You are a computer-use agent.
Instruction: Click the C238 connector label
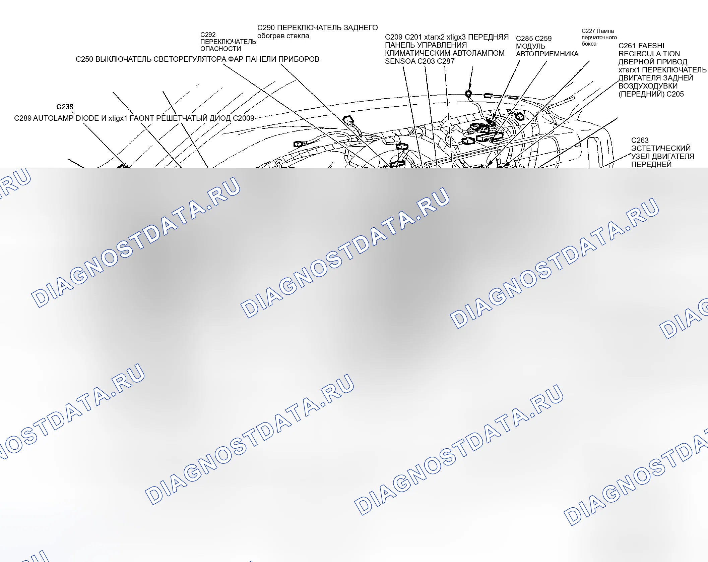[65, 107]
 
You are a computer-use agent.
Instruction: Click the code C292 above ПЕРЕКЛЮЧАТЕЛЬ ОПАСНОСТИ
[208, 35]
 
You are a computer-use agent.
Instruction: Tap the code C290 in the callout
[266, 27]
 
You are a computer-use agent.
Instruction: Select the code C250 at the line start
[84, 59]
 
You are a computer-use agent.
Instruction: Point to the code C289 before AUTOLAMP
[23, 118]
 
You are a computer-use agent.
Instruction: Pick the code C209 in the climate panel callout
[394, 37]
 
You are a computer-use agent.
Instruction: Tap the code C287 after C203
[446, 61]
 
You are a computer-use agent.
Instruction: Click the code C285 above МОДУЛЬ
[525, 38]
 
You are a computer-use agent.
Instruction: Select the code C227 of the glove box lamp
[588, 31]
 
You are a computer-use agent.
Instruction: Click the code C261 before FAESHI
[627, 46]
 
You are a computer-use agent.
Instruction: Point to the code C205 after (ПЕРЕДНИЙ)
[675, 94]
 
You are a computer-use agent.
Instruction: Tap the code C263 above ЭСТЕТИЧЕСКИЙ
[640, 140]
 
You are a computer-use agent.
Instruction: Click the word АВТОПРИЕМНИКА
[547, 54]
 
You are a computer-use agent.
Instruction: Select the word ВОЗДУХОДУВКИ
[648, 86]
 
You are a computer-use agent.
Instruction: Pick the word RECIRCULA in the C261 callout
[639, 54]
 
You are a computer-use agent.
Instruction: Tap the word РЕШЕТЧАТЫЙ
[182, 118]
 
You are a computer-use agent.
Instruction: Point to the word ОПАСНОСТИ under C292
[220, 49]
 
